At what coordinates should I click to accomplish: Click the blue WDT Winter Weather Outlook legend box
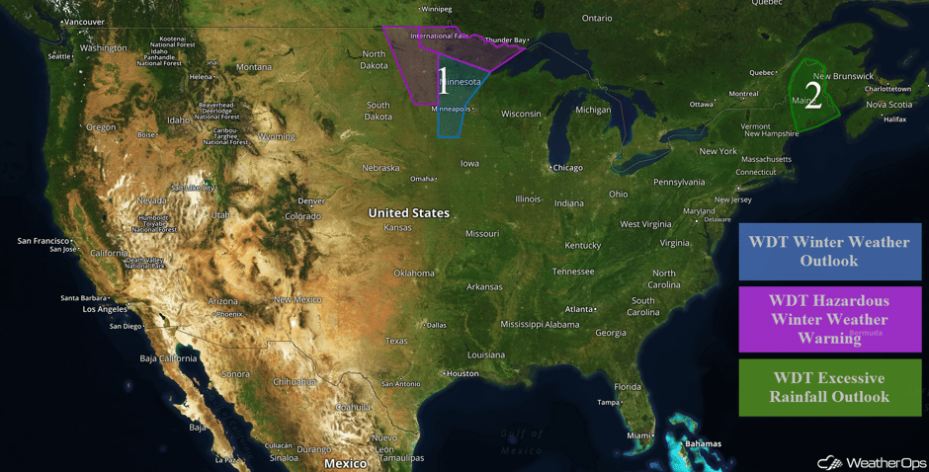click(829, 251)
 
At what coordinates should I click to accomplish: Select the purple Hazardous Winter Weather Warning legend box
click(829, 319)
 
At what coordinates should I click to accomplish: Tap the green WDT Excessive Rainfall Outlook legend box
click(829, 387)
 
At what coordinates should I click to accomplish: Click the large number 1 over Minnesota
click(443, 82)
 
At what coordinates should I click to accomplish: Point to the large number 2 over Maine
click(812, 95)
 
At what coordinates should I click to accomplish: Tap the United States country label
click(408, 213)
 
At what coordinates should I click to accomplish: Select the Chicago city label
click(567, 168)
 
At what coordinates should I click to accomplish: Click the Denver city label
click(310, 201)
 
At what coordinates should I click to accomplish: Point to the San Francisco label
click(43, 241)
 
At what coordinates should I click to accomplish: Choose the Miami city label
click(638, 435)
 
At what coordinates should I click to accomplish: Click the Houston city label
click(462, 373)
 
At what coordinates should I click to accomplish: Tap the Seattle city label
click(59, 56)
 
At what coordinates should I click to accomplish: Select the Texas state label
click(396, 341)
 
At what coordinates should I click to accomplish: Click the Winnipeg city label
click(435, 9)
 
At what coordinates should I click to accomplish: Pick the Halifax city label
click(893, 119)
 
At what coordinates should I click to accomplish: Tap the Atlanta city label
click(579, 309)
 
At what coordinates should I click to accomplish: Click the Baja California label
click(163, 357)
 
